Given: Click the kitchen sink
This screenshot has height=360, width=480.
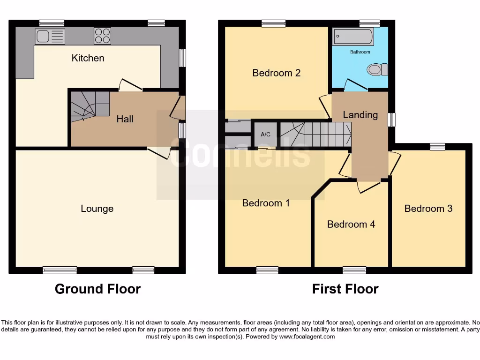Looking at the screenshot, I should (50, 36).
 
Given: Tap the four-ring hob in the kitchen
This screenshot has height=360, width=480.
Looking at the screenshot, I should (102, 36).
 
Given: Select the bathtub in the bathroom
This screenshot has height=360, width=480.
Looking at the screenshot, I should (352, 37).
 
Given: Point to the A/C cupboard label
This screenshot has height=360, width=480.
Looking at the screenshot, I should (265, 135).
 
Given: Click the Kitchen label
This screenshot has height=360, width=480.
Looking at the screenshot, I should (88, 58).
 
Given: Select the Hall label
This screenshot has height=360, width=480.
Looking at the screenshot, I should (125, 119).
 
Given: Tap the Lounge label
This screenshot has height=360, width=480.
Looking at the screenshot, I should (97, 209).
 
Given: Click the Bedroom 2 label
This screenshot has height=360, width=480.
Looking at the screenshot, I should (276, 73).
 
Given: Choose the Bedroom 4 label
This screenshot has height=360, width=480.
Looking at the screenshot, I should (351, 224).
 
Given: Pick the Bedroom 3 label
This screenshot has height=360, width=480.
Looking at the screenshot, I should (428, 208).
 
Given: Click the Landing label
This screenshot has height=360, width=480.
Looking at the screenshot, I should (360, 115).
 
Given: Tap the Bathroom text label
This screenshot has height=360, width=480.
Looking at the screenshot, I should (360, 52).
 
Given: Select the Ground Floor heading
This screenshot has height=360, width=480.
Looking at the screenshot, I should (97, 289).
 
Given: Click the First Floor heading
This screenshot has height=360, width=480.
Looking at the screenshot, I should (345, 289).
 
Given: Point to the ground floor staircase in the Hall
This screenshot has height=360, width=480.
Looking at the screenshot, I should (89, 106).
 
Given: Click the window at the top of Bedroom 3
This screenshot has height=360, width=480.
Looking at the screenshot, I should (437, 147).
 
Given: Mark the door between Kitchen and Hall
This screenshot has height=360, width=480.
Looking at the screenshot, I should (130, 86).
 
